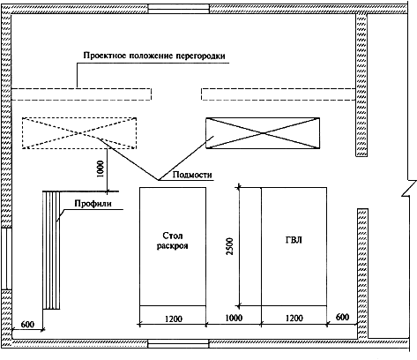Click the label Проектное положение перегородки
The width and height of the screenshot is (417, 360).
click(x=154, y=56)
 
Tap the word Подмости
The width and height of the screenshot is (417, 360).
click(x=192, y=175)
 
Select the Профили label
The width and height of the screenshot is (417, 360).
click(x=93, y=204)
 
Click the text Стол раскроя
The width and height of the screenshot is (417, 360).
click(x=172, y=241)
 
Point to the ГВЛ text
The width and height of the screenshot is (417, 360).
click(x=294, y=240)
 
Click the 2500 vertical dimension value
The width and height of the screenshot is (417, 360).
click(x=230, y=246)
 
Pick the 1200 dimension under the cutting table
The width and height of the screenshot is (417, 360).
click(x=174, y=319)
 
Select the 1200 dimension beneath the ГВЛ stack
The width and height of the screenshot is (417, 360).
click(x=294, y=319)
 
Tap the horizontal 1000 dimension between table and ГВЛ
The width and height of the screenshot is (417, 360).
click(x=234, y=318)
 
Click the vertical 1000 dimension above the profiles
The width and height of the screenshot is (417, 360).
click(x=101, y=169)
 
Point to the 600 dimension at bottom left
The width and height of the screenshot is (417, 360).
click(x=27, y=325)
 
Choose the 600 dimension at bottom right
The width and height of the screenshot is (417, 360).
click(x=342, y=317)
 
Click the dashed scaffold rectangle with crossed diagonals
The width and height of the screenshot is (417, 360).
click(x=79, y=133)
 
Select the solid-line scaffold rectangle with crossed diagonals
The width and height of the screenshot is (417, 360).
click(x=263, y=133)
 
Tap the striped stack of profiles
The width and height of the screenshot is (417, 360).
click(x=51, y=250)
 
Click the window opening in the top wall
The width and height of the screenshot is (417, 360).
click(x=178, y=9)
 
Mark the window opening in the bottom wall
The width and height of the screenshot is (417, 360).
click(x=178, y=343)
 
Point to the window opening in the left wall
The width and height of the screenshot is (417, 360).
click(x=6, y=259)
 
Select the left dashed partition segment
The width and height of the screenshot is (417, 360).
click(x=81, y=94)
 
